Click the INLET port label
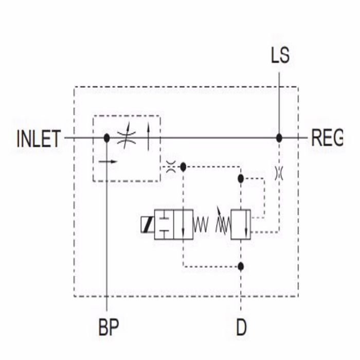(x=39, y=139)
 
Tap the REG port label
(x=327, y=139)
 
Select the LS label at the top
(x=280, y=56)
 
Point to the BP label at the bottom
(x=109, y=327)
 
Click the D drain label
(x=241, y=327)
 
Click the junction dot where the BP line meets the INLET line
(x=106, y=138)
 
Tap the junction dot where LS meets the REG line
(x=279, y=138)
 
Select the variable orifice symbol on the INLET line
(x=126, y=138)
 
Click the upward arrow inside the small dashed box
(x=149, y=137)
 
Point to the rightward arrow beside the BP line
(x=108, y=161)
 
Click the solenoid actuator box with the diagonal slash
(x=147, y=225)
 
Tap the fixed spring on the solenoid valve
(x=201, y=225)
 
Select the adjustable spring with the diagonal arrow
(x=222, y=222)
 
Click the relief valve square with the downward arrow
(x=241, y=225)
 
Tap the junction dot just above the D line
(x=241, y=266)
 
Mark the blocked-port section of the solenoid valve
(x=164, y=225)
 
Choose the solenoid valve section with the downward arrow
(x=183, y=225)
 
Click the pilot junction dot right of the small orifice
(x=184, y=167)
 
